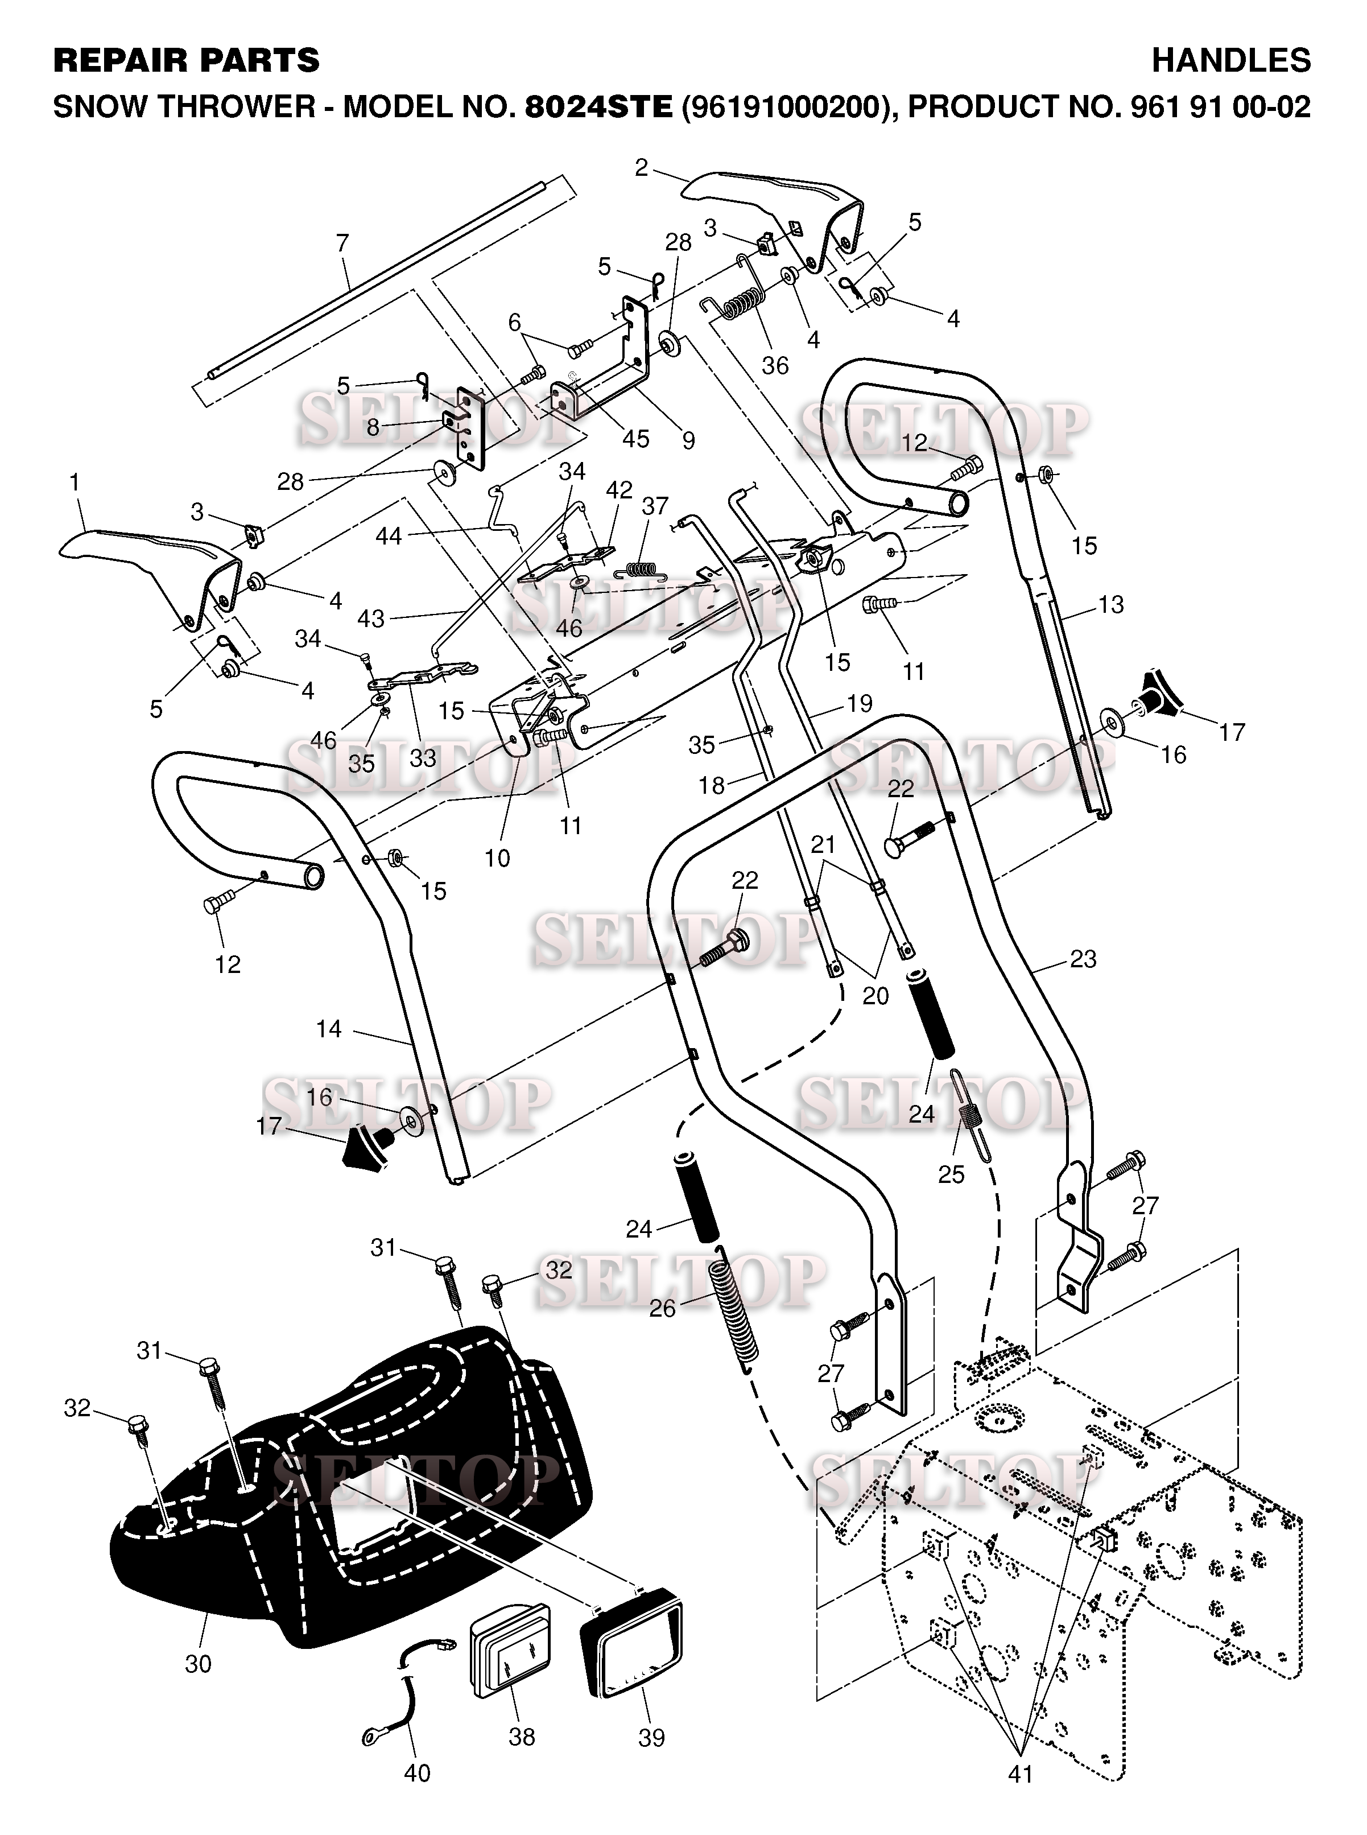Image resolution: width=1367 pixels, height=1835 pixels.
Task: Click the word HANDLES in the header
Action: [1230, 60]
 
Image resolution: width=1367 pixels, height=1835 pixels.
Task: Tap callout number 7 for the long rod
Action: [342, 244]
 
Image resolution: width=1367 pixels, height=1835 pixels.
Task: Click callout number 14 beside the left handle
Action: [328, 1029]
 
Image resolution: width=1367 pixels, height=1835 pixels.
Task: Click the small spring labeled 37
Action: [643, 568]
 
